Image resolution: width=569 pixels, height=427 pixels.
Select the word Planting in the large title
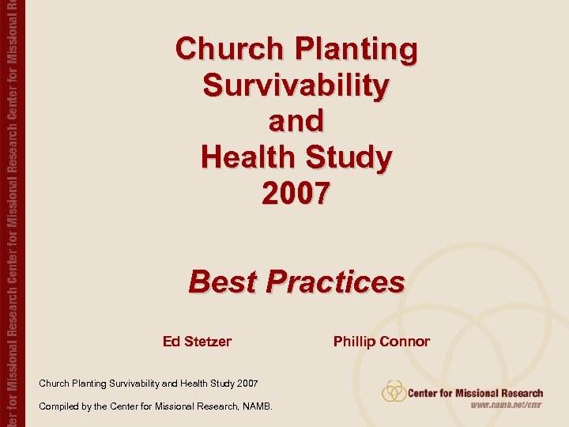[x=356, y=49]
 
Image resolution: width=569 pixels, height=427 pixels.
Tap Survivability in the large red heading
[x=296, y=85]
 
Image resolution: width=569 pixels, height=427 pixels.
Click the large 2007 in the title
[x=296, y=193]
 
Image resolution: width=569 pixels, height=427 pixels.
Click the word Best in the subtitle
[x=223, y=281]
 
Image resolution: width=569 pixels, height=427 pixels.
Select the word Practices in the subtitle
[x=335, y=281]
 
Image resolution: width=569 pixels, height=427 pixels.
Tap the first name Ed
[x=171, y=342]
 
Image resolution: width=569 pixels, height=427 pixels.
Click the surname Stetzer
[x=208, y=342]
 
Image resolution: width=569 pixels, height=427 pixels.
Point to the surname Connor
[x=405, y=342]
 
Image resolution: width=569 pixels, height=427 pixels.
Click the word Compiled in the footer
[x=61, y=406]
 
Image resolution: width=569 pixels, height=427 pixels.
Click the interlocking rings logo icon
[x=394, y=391]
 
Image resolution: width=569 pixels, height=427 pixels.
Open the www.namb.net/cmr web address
[x=507, y=405]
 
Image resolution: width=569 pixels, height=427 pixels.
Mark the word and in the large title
[x=296, y=121]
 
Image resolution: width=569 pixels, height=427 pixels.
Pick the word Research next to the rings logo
[x=519, y=392]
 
